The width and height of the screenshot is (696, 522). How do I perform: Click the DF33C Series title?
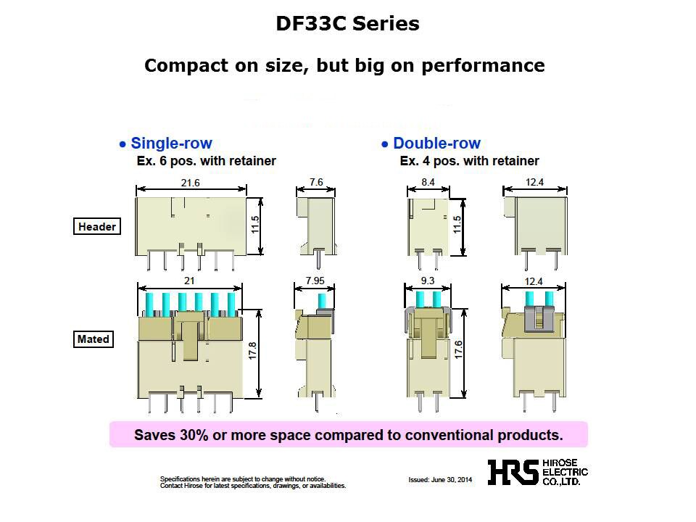347,24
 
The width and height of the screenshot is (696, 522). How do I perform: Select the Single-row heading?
171,144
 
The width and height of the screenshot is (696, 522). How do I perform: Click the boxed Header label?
96,227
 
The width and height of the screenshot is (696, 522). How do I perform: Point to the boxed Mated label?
93,339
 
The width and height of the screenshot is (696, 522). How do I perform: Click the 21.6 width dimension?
191,183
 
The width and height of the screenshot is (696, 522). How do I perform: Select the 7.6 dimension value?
316,183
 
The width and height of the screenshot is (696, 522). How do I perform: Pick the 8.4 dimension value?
428,183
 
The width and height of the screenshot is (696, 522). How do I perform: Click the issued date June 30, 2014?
441,480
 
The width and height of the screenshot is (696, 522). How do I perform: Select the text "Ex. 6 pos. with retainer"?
206,161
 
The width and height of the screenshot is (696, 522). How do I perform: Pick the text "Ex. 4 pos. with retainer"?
469,161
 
